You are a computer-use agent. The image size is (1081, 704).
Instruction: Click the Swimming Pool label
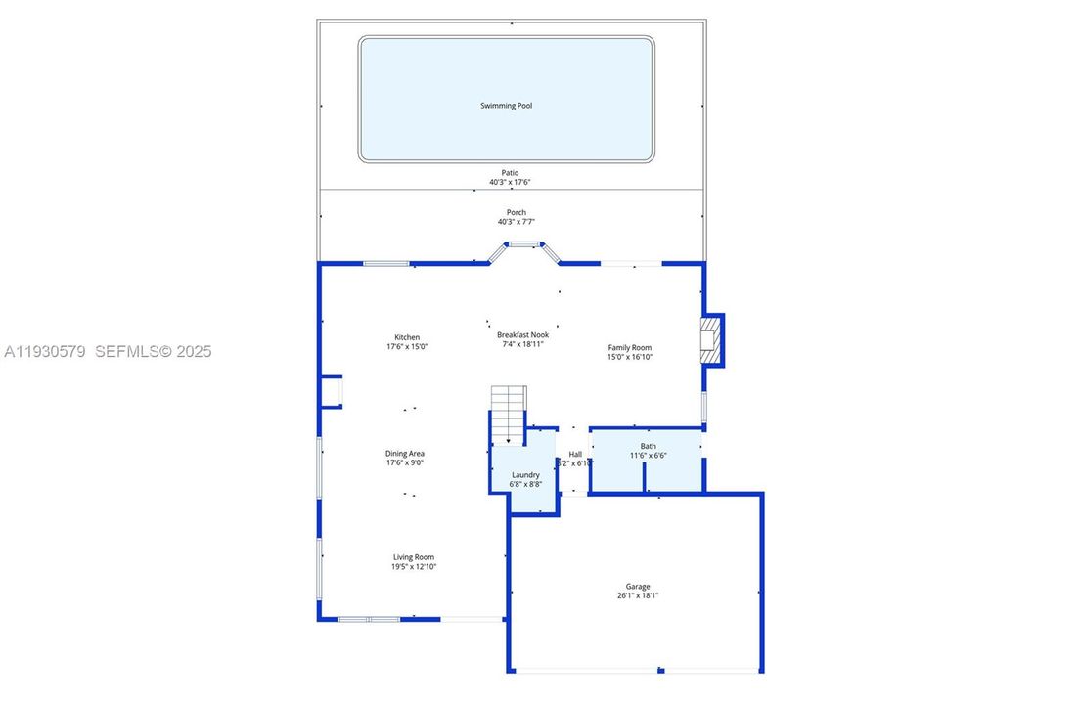506,106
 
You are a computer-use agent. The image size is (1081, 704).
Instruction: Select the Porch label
516,212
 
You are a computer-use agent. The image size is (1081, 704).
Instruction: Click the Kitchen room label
406,337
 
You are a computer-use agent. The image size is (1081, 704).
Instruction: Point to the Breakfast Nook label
522,334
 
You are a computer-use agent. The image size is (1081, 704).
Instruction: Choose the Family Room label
629,347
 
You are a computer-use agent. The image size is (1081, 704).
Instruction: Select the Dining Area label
404,454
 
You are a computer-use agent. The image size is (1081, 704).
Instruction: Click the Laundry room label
524,475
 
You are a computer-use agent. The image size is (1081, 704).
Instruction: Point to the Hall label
575,454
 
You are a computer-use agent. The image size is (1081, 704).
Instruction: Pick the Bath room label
648,446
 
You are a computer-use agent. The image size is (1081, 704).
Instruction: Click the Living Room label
414,557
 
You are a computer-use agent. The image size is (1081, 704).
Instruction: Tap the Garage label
638,587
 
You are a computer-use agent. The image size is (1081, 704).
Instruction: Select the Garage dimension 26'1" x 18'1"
638,595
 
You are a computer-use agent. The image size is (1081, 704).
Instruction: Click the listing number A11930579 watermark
47,351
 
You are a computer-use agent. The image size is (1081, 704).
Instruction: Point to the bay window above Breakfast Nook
523,245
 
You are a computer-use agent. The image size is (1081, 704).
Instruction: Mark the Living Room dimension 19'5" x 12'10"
414,566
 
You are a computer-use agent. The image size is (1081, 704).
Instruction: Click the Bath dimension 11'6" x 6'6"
648,455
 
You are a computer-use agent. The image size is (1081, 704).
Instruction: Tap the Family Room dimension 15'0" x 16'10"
629,357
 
